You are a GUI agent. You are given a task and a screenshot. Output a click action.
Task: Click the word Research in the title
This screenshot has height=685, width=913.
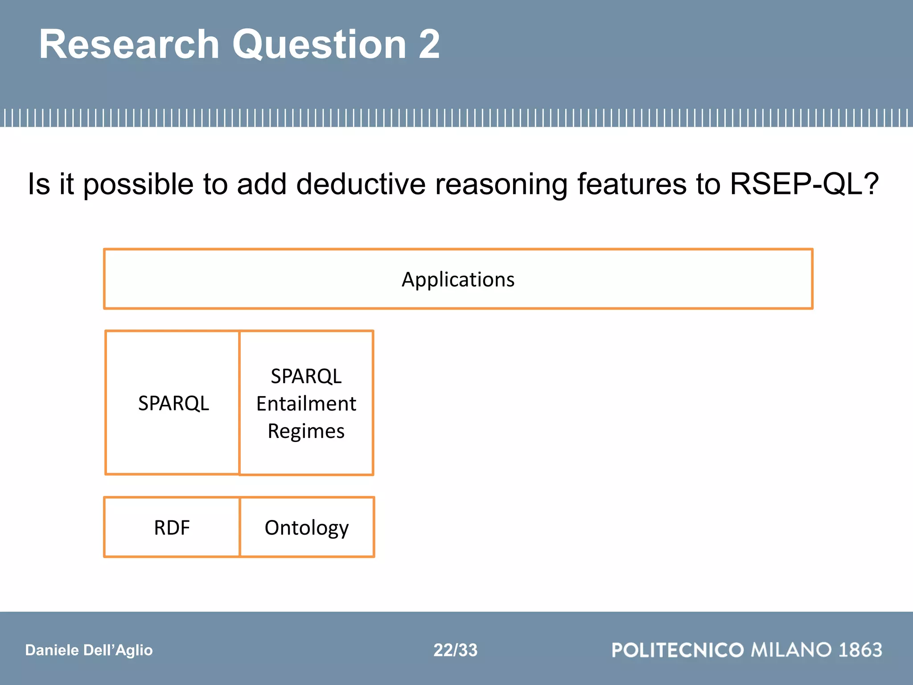point(129,44)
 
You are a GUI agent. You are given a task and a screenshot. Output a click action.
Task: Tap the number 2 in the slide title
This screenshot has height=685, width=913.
point(429,44)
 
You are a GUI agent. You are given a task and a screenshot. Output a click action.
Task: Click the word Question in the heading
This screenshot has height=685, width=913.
point(319,45)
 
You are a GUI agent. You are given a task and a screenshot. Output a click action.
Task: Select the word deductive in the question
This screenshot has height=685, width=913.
point(361,184)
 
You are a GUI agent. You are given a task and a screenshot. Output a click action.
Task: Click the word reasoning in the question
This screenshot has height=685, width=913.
point(501,185)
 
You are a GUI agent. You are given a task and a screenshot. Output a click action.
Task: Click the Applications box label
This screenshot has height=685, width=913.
point(458,280)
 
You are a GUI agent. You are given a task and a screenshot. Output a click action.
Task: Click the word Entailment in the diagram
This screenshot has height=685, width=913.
point(306,404)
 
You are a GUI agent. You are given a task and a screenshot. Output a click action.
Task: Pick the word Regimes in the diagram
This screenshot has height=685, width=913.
point(306,431)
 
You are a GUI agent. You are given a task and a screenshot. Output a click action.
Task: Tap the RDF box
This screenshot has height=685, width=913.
point(172,528)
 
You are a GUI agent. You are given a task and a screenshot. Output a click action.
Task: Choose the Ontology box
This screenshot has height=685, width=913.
point(307,528)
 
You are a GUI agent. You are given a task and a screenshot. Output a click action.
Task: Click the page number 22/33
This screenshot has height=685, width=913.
point(455,650)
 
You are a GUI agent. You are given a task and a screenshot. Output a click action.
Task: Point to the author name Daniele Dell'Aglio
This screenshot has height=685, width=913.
point(89,650)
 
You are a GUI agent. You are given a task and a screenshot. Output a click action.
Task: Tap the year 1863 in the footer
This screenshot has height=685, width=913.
point(860,650)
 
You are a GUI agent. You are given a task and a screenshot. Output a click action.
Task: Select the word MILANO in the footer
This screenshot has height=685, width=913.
point(791,650)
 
